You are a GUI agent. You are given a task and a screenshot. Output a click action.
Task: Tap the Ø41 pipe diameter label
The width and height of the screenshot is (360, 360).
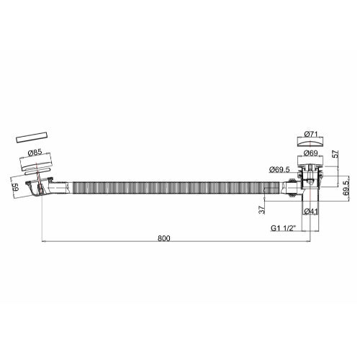(x=312, y=211)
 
